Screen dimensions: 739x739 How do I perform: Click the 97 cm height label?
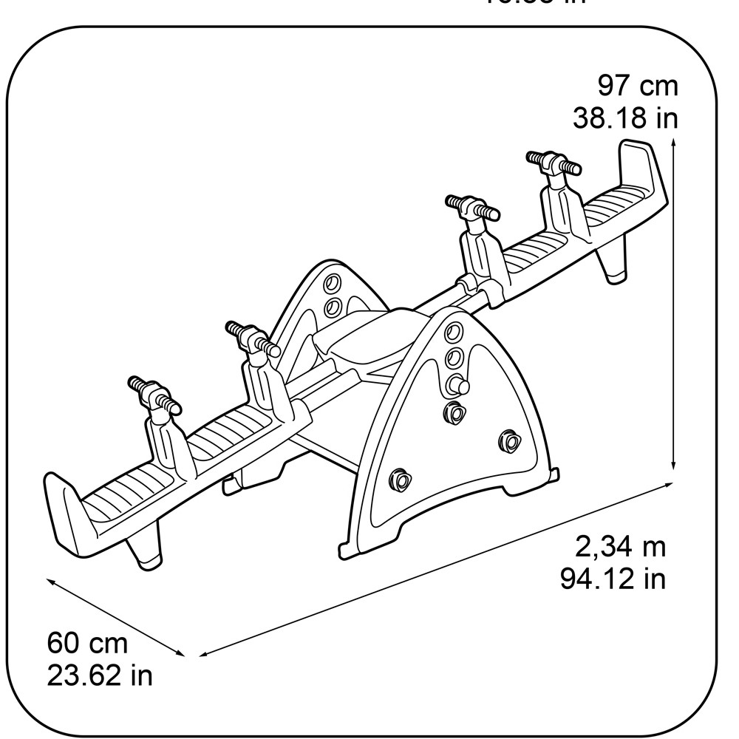pyautogui.click(x=637, y=86)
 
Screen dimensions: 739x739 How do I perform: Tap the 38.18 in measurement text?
pyautogui.click(x=625, y=118)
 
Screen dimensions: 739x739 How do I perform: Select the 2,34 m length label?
pyautogui.click(x=620, y=547)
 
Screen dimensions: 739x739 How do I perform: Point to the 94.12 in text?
pyautogui.click(x=613, y=579)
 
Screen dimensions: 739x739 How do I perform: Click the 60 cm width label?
pyautogui.click(x=87, y=643)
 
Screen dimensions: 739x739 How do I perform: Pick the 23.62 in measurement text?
pyautogui.click(x=100, y=675)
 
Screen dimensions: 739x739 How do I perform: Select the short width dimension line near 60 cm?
pyautogui.click(x=115, y=618)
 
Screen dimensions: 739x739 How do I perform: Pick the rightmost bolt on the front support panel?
pyautogui.click(x=508, y=441)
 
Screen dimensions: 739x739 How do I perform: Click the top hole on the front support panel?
pyautogui.click(x=452, y=330)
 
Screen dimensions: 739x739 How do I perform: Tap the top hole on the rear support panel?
pyautogui.click(x=332, y=284)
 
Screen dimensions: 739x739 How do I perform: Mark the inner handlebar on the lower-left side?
pyautogui.click(x=252, y=338)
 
